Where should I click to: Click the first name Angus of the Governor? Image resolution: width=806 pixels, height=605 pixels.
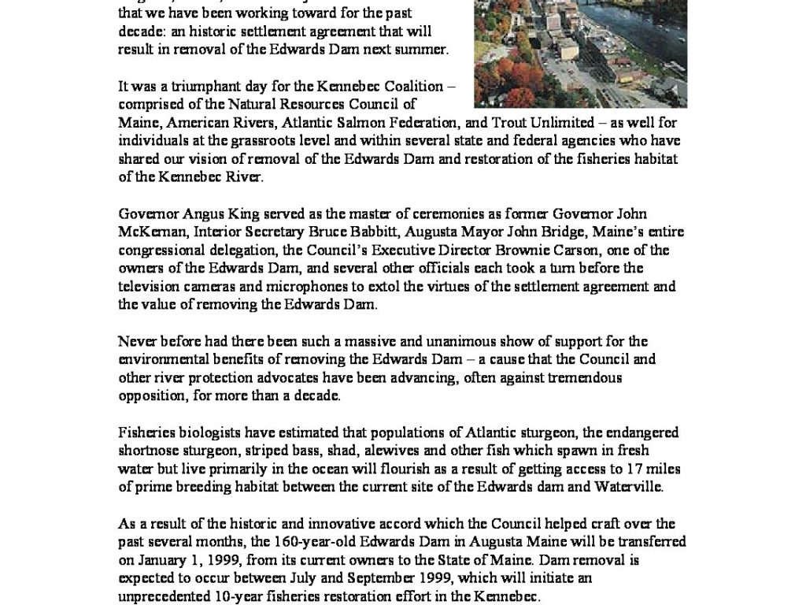tap(195, 214)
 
